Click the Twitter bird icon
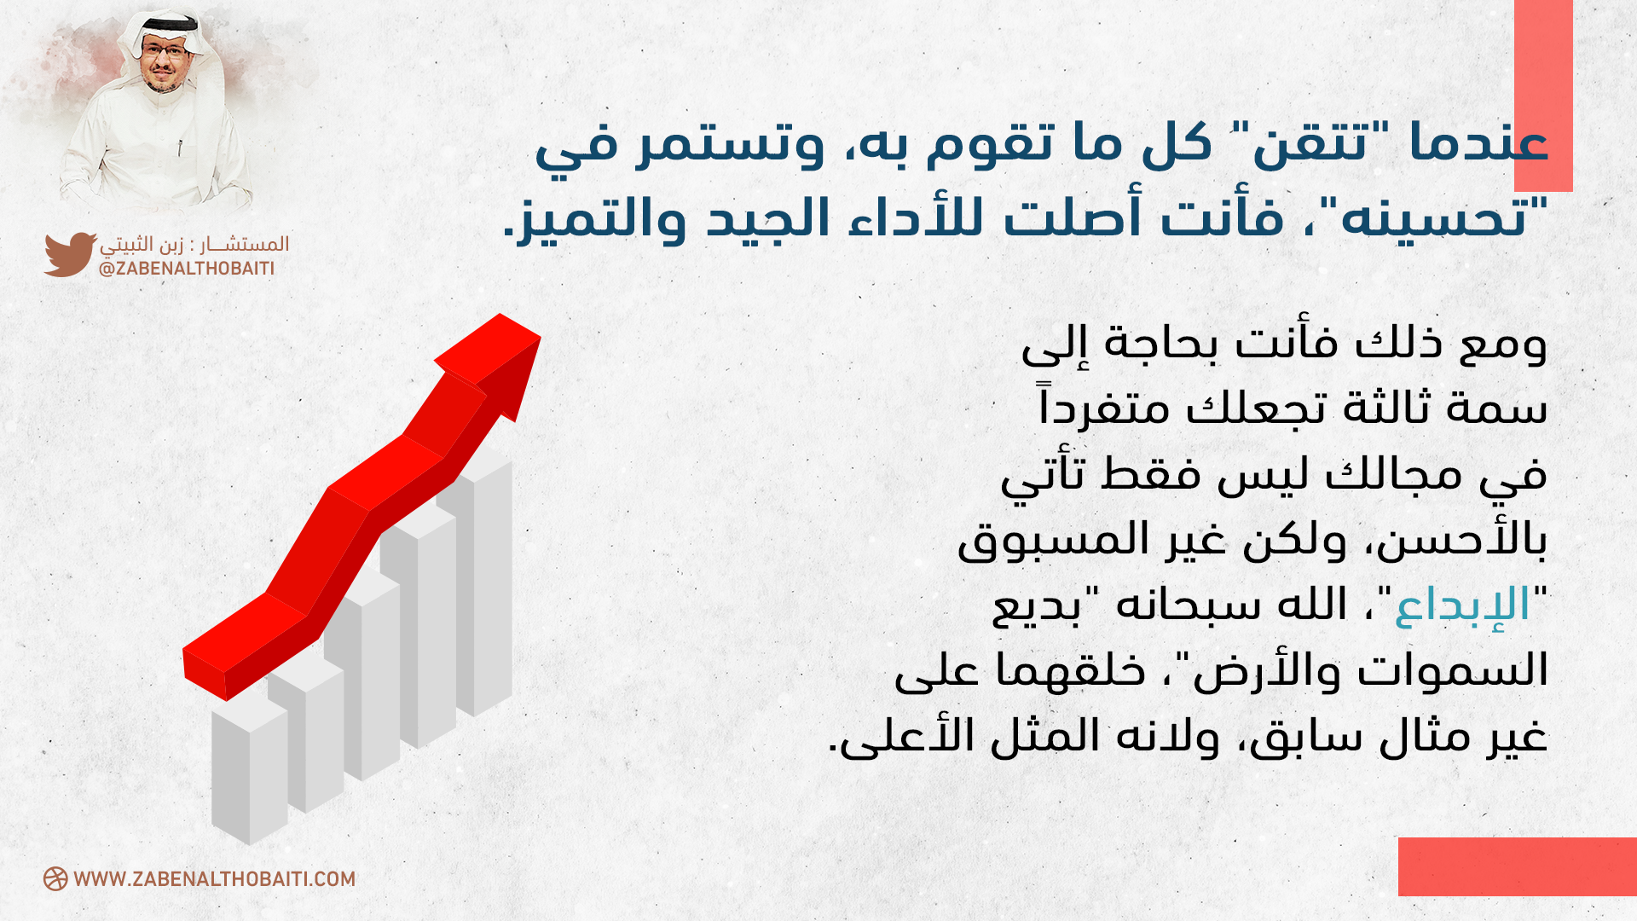70,254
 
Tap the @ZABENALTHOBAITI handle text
187,269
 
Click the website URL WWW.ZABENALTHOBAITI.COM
215,879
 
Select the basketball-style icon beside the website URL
55,879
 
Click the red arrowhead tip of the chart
540,339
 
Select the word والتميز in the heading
598,218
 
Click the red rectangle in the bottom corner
1518,866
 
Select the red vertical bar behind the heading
1543,96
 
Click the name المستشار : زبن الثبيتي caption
194,245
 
